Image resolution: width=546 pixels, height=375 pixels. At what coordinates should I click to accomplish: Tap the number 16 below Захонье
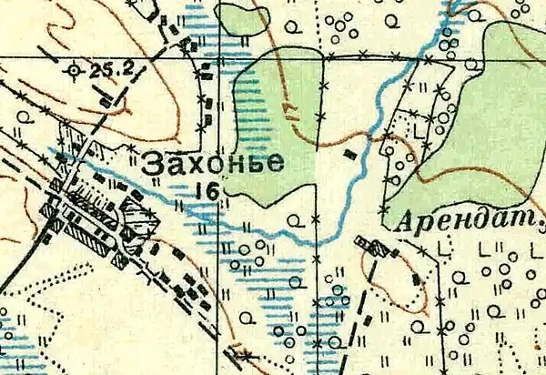(x=206, y=190)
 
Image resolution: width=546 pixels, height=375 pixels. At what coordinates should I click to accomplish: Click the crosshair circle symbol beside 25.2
(x=75, y=68)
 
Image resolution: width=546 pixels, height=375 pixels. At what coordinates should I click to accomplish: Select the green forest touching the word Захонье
(x=273, y=127)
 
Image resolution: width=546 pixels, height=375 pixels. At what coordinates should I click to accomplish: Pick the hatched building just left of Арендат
(x=371, y=245)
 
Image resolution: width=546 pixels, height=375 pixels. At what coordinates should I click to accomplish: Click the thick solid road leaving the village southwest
(x=23, y=269)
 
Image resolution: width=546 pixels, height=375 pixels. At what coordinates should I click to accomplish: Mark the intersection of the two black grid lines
(x=218, y=58)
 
